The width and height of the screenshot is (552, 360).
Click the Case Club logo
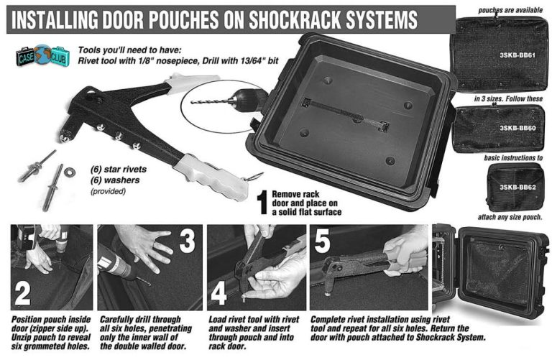42,55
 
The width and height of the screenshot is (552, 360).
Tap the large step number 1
262,203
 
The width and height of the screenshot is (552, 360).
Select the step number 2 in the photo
22,293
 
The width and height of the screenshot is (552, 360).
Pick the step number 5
322,241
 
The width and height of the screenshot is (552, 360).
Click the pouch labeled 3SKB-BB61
499,54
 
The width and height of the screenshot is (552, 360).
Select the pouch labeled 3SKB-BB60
499,128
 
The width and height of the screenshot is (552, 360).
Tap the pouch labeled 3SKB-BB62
516,187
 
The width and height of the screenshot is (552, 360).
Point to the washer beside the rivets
69,172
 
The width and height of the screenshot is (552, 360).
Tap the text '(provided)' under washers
108,191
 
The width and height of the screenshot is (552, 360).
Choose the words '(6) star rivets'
119,170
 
